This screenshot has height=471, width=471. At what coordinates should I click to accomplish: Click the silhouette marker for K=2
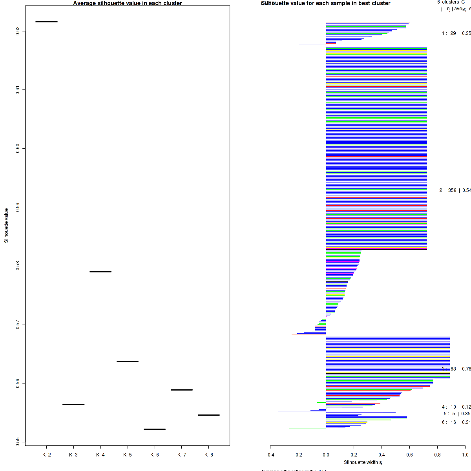pyautogui.click(x=46, y=22)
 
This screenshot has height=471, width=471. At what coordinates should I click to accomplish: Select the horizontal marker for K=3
pyautogui.click(x=73, y=404)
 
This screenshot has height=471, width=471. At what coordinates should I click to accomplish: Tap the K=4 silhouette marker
pyautogui.click(x=100, y=272)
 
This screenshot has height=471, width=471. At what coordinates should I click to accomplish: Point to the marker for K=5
pyautogui.click(x=128, y=361)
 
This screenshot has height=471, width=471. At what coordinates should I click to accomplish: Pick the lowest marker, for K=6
pyautogui.click(x=155, y=429)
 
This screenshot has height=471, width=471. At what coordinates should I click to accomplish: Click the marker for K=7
pyautogui.click(x=182, y=390)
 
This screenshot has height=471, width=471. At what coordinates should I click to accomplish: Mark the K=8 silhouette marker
pyautogui.click(x=209, y=415)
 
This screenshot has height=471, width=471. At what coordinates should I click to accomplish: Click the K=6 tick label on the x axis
pyautogui.click(x=155, y=455)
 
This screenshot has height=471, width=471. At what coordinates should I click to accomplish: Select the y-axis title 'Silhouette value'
pyautogui.click(x=6, y=226)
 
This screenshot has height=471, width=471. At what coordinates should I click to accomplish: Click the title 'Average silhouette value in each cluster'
pyautogui.click(x=128, y=3)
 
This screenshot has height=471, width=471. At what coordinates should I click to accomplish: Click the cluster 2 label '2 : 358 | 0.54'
pyautogui.click(x=455, y=190)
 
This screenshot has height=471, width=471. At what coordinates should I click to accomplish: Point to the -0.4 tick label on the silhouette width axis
pyautogui.click(x=270, y=455)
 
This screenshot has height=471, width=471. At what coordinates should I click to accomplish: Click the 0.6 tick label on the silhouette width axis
pyautogui.click(x=409, y=455)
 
